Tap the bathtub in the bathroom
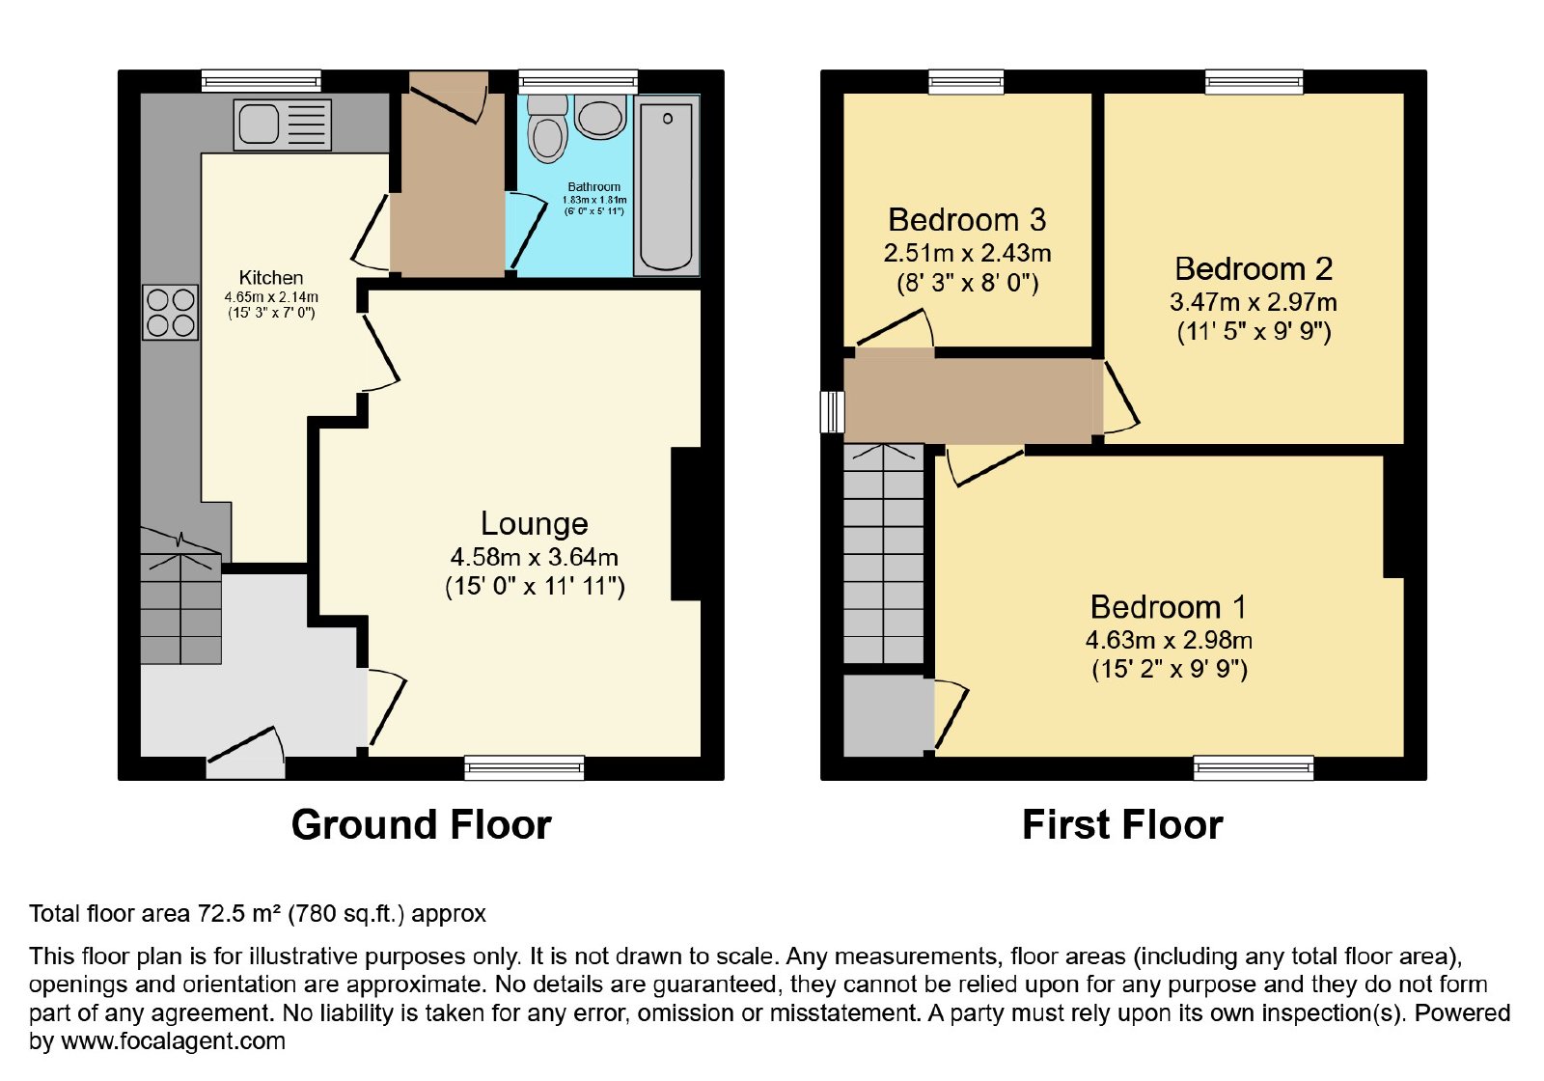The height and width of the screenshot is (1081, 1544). (666, 185)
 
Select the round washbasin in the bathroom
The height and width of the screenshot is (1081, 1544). (599, 117)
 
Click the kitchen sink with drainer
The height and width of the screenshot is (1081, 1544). (283, 125)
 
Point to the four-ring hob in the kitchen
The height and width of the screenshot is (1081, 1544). (170, 313)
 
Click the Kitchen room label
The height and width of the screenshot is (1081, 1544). (271, 278)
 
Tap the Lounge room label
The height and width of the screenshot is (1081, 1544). (535, 524)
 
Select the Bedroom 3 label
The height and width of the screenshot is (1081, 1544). (967, 221)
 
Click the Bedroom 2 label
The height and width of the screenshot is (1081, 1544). (1254, 269)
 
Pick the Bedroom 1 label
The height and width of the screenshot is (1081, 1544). (1169, 607)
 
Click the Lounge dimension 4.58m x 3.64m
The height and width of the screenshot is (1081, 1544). (535, 557)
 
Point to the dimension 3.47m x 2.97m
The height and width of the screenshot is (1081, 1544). (1254, 303)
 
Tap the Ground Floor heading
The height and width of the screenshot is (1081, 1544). (421, 825)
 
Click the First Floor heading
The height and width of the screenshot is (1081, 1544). (1122, 825)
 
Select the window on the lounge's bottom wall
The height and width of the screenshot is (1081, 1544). (525, 768)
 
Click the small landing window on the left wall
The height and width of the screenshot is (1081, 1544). (833, 411)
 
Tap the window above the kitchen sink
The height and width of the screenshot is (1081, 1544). (262, 81)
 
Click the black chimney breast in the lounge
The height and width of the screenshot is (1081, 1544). (686, 524)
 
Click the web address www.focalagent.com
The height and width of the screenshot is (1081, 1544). (173, 1041)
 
